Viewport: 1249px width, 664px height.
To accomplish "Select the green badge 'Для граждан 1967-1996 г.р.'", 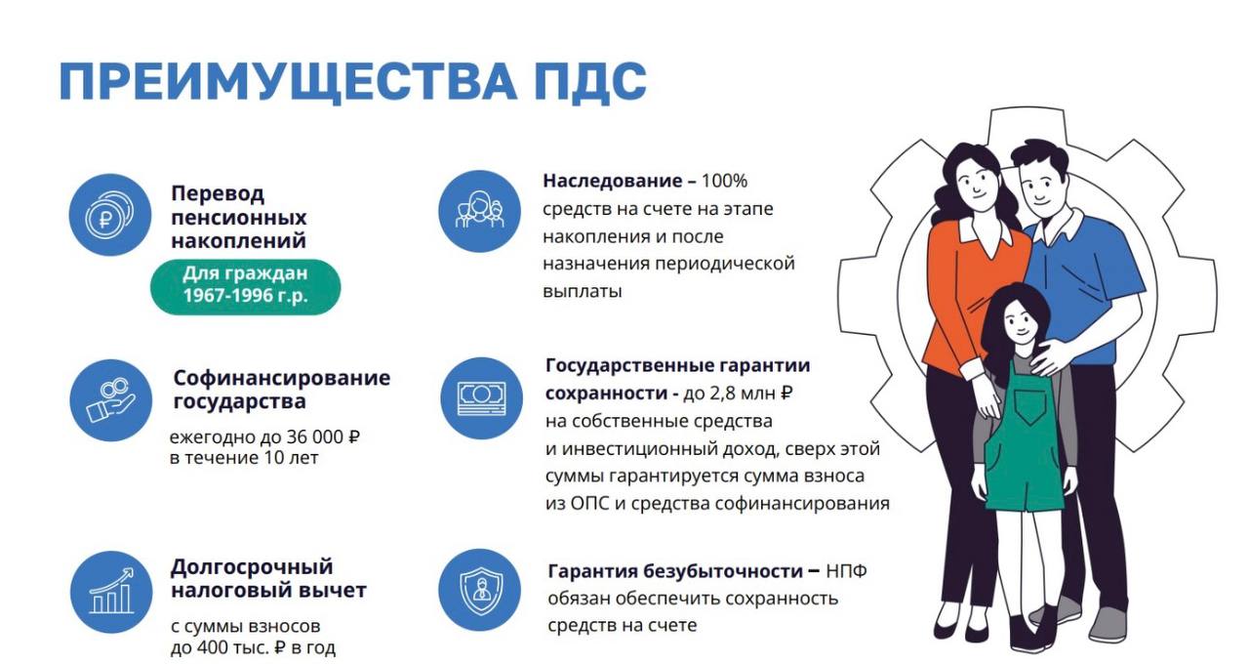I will tap(245, 285).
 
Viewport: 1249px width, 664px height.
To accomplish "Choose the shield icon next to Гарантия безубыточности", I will tap(478, 590).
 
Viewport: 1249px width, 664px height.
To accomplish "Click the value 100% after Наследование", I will tap(724, 182).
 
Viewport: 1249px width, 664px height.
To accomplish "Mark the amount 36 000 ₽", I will tap(312, 437).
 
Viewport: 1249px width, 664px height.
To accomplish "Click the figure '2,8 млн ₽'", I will tap(753, 394).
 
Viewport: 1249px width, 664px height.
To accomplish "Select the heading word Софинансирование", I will tap(281, 378).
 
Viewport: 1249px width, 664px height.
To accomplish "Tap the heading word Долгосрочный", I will tap(252, 567).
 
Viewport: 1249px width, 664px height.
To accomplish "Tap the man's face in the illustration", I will tap(1045, 187).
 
